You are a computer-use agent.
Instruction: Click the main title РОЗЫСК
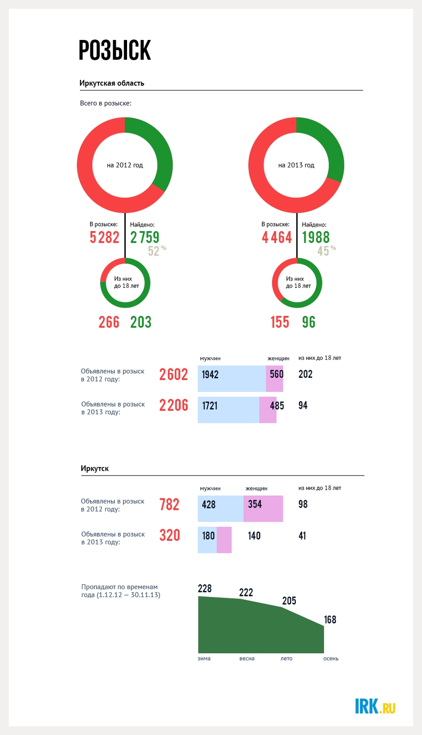[x=114, y=50]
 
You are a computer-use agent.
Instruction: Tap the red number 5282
[x=105, y=237]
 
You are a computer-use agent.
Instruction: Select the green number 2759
[x=145, y=237]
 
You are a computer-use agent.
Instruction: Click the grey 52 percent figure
[x=157, y=251]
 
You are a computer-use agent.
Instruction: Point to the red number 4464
[x=277, y=237]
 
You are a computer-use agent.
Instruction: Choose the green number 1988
[x=316, y=237]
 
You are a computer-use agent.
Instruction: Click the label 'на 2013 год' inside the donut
[x=296, y=165]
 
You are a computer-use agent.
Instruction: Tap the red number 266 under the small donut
[x=109, y=322]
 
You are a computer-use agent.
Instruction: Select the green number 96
[x=309, y=322]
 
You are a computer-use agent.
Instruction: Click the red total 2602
[x=173, y=374]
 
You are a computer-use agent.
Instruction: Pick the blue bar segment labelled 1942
[x=232, y=379]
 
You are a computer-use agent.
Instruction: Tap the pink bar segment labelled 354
[x=263, y=508]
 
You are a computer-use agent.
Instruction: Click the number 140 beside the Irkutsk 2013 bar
[x=254, y=536]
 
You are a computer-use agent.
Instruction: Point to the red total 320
[x=170, y=535]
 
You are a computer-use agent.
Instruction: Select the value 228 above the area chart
[x=205, y=588]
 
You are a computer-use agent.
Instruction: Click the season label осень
[x=331, y=659]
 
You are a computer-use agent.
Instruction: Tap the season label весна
[x=247, y=659]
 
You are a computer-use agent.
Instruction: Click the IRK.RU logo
[x=375, y=706]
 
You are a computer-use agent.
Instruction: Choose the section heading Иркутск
[x=95, y=468]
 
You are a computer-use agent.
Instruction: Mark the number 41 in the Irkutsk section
[x=302, y=536]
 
